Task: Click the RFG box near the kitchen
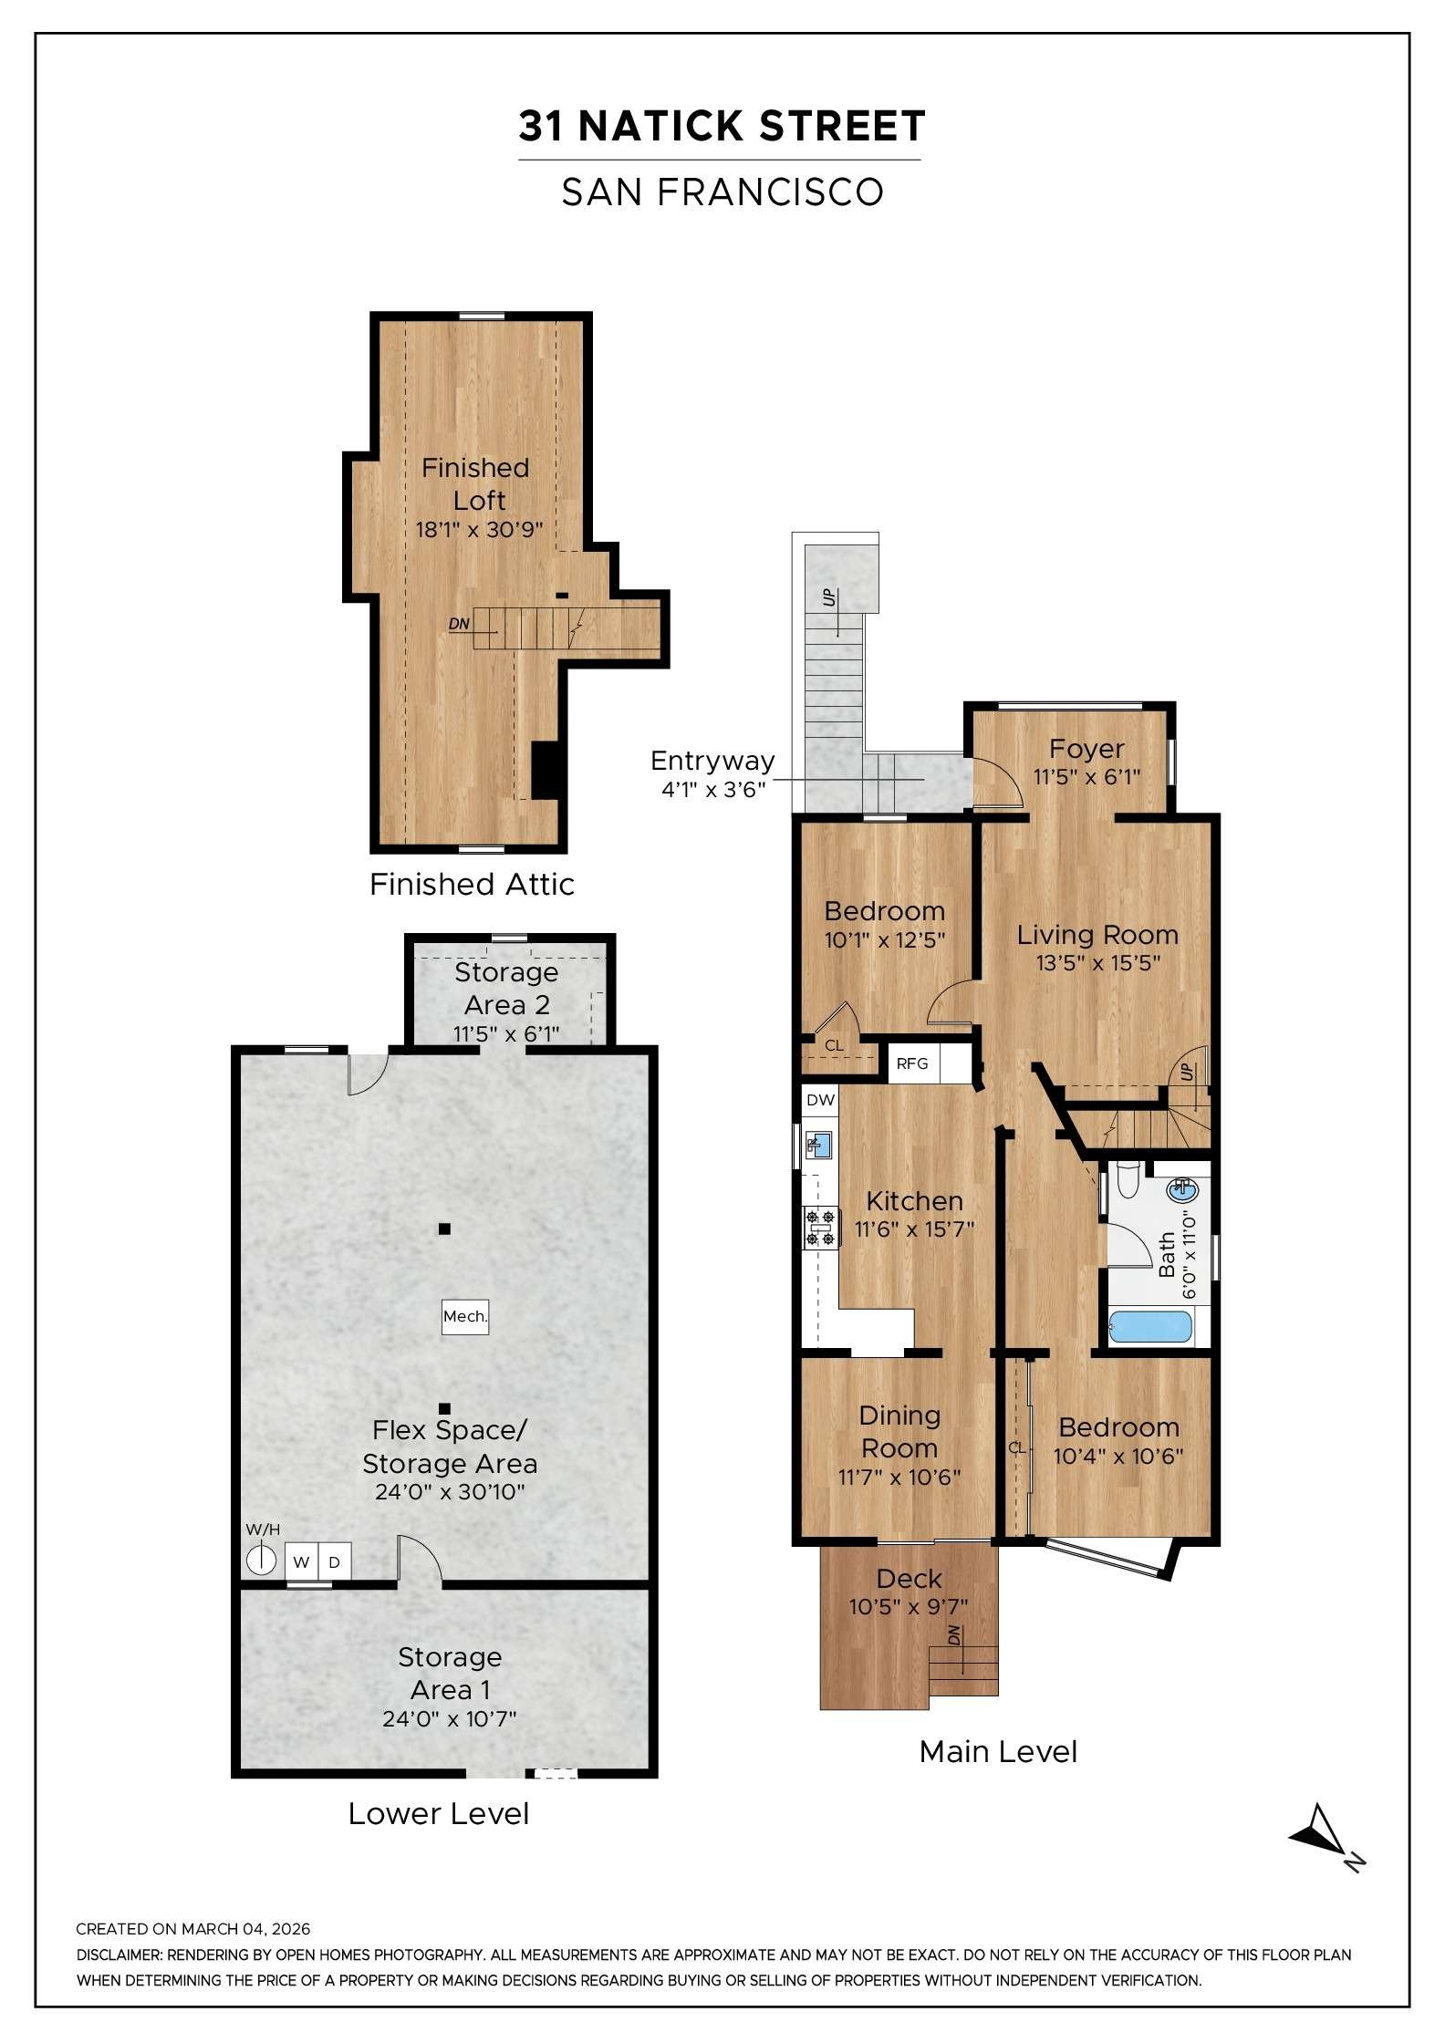tap(912, 1063)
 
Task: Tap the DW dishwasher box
tap(820, 1100)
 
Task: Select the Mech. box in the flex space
tap(464, 1316)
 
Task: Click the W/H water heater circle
tap(261, 1561)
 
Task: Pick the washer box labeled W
tap(301, 1562)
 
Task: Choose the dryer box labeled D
tap(334, 1562)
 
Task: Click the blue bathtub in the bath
tap(1150, 1328)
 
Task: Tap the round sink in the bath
tap(1183, 1189)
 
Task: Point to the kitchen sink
tap(821, 1145)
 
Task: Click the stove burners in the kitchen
tap(820, 1227)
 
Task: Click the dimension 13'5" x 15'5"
tap(1097, 963)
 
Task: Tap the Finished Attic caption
tap(472, 884)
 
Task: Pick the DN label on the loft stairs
tap(459, 625)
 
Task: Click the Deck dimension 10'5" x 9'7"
tap(909, 1607)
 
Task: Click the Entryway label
tap(712, 761)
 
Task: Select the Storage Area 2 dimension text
tap(506, 1034)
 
